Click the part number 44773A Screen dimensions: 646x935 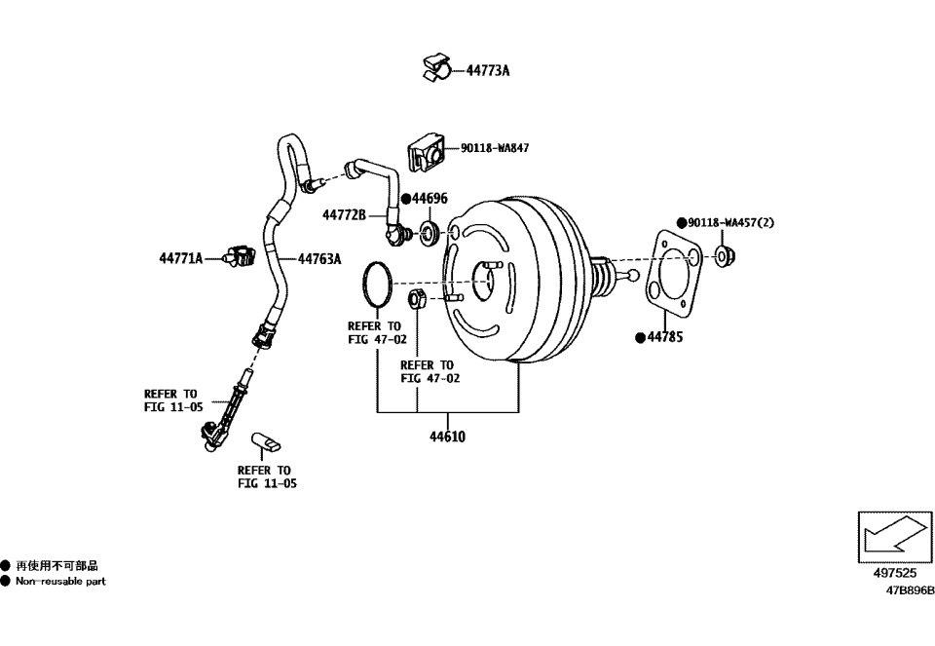pyautogui.click(x=488, y=70)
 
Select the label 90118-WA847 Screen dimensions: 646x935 pyautogui.click(x=495, y=148)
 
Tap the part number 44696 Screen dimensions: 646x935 pyautogui.click(x=430, y=199)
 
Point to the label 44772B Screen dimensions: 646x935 pyautogui.click(x=344, y=214)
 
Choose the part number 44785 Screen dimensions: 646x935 pyautogui.click(x=665, y=338)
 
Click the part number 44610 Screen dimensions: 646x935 pyautogui.click(x=447, y=437)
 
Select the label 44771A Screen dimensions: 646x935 pyautogui.click(x=181, y=258)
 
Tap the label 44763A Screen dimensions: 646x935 pyautogui.click(x=319, y=259)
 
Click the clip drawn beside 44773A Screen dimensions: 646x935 pyautogui.click(x=436, y=66)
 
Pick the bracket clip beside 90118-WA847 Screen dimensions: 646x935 pyautogui.click(x=426, y=152)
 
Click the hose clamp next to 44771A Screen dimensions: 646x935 pyautogui.click(x=237, y=257)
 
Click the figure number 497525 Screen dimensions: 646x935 pyautogui.click(x=894, y=575)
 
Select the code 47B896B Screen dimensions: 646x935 pyautogui.click(x=909, y=590)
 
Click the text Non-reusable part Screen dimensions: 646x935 pyautogui.click(x=60, y=582)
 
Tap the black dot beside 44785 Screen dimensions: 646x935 pyautogui.click(x=640, y=338)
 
